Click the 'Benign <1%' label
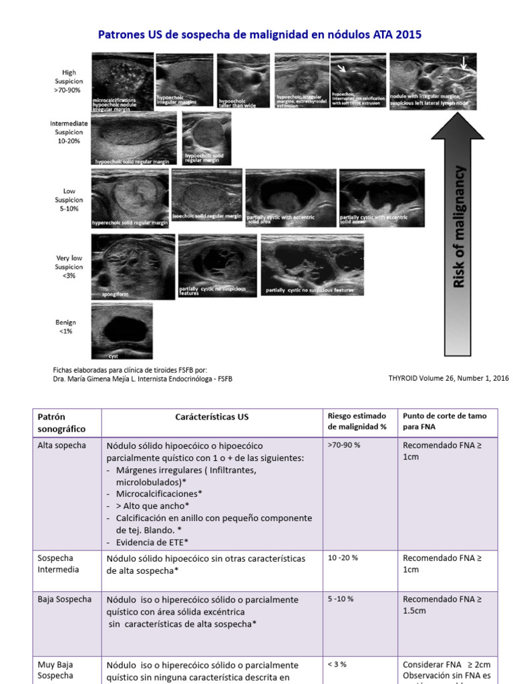point(65,327)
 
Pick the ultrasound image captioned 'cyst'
point(122,331)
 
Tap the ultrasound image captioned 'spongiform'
point(133,265)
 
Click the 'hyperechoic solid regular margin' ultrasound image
point(130,198)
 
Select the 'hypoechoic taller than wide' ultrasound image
point(243,80)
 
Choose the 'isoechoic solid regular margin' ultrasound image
point(206,194)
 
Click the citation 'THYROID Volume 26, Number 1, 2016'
point(448,378)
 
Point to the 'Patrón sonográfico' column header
point(61,422)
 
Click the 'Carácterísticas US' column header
point(211,417)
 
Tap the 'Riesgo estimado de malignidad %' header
point(358,421)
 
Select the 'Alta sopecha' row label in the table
point(62,446)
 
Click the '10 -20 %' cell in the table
point(344,558)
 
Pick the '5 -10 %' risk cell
point(341,599)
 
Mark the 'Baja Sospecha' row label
point(65,599)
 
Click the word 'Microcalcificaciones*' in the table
point(158,494)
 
